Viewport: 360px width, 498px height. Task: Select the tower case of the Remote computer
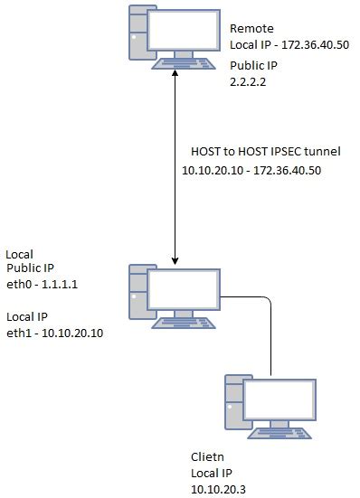pyautogui.click(x=138, y=36)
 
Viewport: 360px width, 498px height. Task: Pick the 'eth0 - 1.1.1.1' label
pyautogui.click(x=41, y=282)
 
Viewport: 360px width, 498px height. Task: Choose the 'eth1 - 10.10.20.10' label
pyautogui.click(x=53, y=333)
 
